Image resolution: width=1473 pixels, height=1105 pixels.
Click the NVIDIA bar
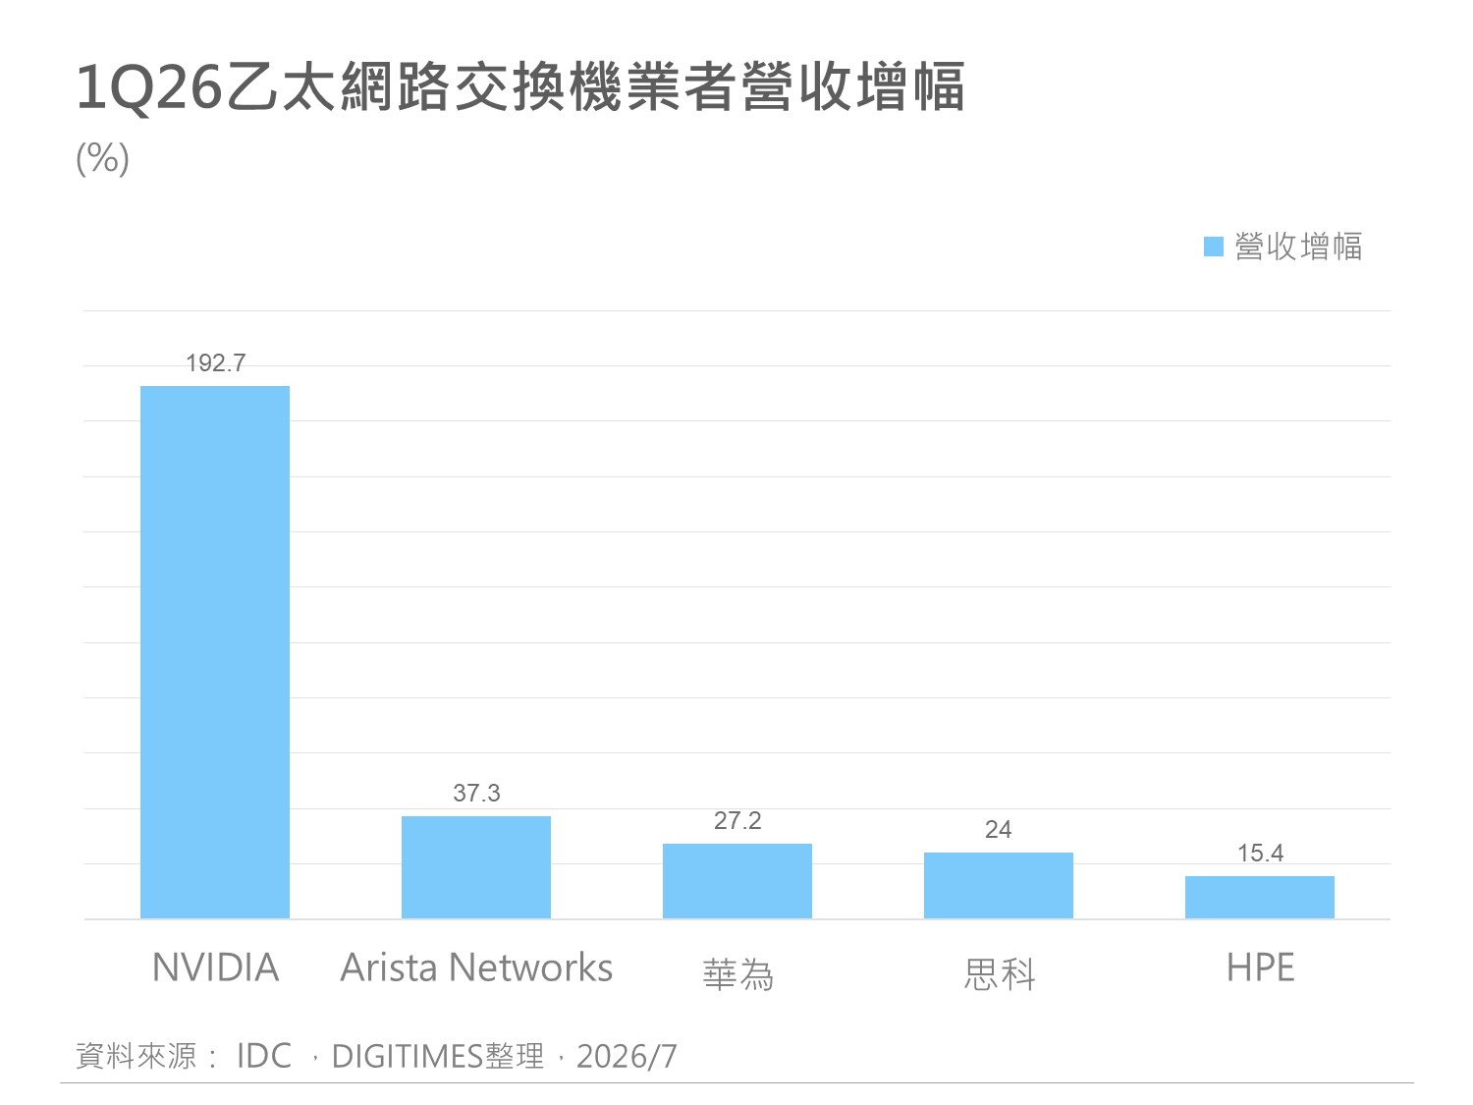(x=215, y=652)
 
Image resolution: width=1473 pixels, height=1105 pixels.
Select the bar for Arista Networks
(x=476, y=867)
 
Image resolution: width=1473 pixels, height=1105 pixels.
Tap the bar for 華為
(x=736, y=881)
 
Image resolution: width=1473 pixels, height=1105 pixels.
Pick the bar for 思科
(x=998, y=886)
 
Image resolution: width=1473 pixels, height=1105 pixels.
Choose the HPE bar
(x=1260, y=897)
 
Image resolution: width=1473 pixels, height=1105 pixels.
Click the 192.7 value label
(x=215, y=363)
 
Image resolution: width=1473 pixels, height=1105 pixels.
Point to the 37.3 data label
(x=476, y=793)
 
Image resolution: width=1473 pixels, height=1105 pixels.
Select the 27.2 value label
(x=737, y=820)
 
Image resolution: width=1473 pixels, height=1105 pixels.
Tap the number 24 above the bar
(x=998, y=830)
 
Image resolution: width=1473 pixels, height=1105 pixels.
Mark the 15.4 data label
(x=1260, y=854)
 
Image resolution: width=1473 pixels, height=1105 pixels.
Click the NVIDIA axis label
(x=215, y=967)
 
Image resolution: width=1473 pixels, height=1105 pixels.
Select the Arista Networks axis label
(x=476, y=967)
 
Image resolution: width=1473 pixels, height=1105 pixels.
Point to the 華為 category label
(x=738, y=974)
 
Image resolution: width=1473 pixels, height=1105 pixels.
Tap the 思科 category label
(x=1000, y=974)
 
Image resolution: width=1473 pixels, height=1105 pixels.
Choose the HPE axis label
(x=1260, y=967)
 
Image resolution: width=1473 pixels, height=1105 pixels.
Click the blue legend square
(x=1214, y=247)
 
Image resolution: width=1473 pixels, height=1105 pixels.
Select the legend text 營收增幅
(x=1298, y=247)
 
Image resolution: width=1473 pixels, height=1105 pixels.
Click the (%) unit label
(x=103, y=158)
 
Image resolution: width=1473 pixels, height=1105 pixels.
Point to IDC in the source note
(x=264, y=1055)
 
